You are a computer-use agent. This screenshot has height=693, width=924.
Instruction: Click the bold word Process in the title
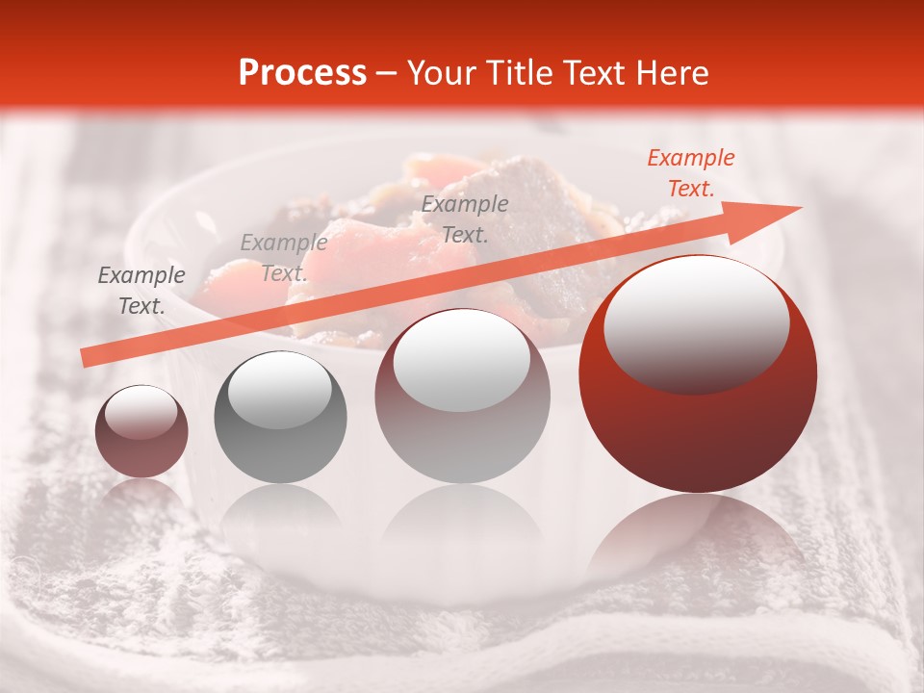(302, 73)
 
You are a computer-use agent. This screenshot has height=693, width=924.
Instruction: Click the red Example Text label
(691, 173)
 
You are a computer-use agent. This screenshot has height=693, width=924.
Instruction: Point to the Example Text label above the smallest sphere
(141, 291)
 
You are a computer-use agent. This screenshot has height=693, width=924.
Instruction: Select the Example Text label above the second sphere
(283, 258)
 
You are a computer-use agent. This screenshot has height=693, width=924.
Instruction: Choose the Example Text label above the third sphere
(465, 218)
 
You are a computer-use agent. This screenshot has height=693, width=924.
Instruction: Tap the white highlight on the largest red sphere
(696, 322)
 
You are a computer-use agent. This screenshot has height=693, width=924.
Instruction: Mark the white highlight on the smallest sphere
(141, 412)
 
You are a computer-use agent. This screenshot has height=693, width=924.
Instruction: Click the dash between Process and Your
(386, 73)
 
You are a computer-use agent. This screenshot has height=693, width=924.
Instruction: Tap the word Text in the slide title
(593, 73)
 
